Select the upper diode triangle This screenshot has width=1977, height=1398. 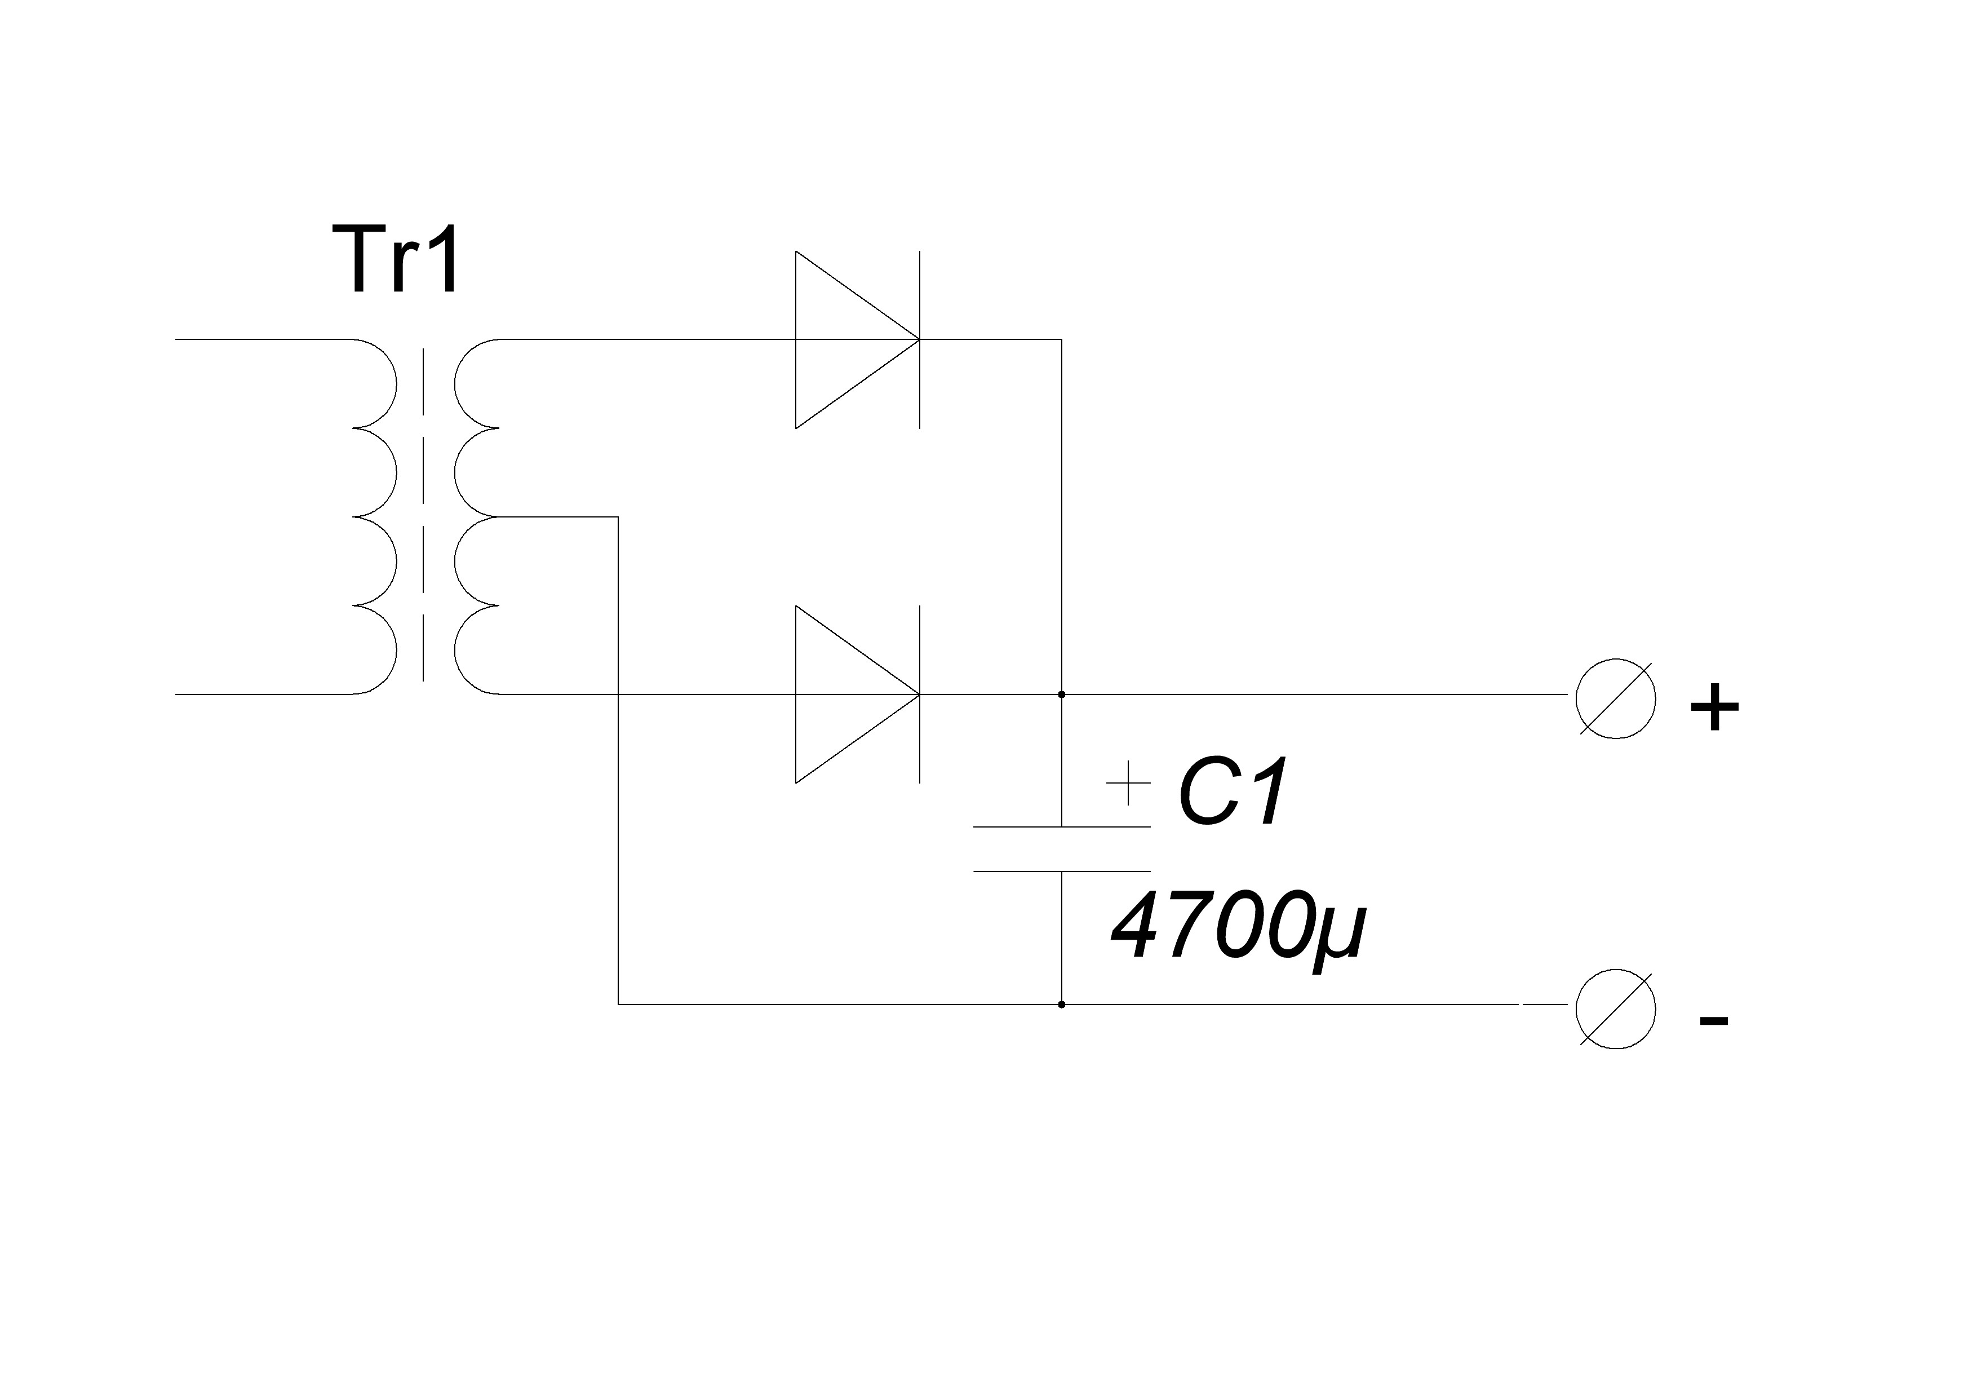pos(858,339)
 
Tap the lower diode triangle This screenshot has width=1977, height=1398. pos(858,694)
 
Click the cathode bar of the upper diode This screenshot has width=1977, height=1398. pos(920,339)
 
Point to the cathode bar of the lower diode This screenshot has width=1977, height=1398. pos(920,694)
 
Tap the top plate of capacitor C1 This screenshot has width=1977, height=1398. pos(1062,827)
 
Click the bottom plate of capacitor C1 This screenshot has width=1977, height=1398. pos(1062,871)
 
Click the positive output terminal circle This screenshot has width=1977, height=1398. pos(1615,698)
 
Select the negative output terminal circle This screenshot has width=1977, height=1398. pos(1615,1008)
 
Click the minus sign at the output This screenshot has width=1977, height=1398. pos(1713,1021)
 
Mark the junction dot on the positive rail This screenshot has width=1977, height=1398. pos(1062,694)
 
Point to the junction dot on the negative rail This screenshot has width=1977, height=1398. pos(1062,1005)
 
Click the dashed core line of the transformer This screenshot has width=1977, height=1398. pos(423,517)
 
